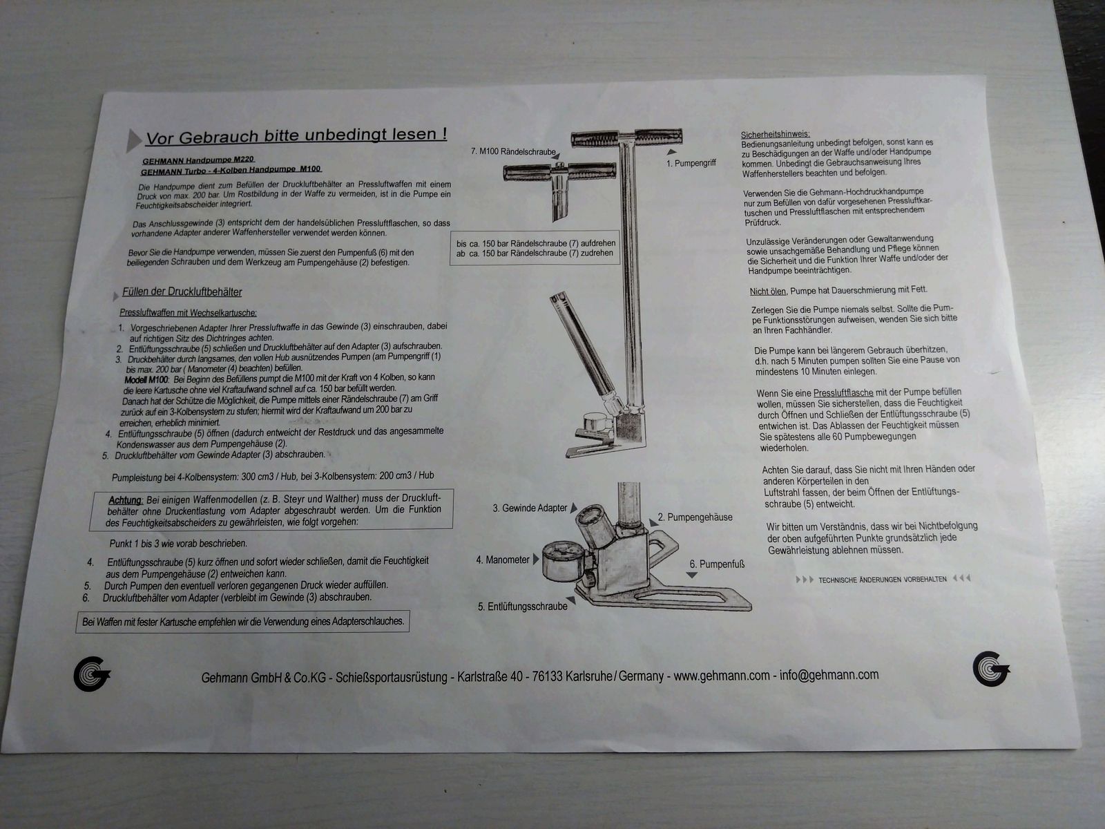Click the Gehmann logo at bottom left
point(91,673)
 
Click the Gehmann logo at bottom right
point(990,669)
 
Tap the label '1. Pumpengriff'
point(691,164)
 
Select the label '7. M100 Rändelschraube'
point(513,151)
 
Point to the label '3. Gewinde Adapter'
point(530,508)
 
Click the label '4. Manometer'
point(503,560)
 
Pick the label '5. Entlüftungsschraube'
point(522,607)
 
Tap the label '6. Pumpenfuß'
point(717,564)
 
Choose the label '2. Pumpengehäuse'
point(695,517)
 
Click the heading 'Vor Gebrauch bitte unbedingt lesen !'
point(296,135)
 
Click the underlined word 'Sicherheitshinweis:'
point(775,134)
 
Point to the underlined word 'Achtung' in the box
point(125,499)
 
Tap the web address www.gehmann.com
point(722,676)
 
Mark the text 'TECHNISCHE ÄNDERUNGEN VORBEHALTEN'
point(882,580)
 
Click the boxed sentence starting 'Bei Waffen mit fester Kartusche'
point(242,622)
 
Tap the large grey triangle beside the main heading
point(134,140)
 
